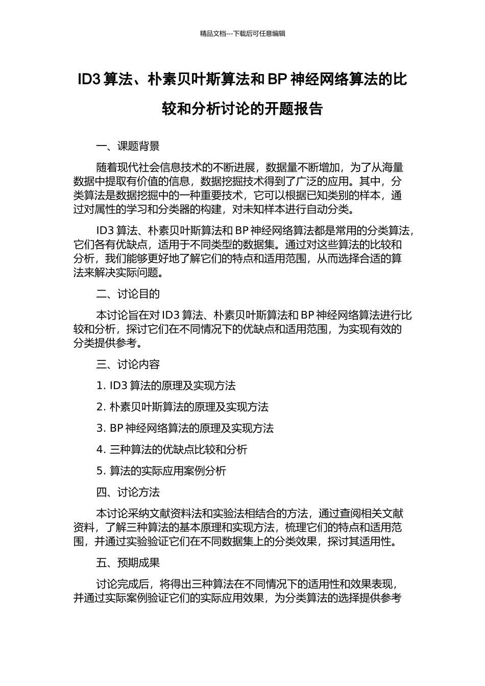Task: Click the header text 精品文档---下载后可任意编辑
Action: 243,34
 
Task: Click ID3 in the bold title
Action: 88,80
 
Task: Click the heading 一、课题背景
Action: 128,146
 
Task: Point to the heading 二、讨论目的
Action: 128,294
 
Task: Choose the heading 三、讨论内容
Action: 128,364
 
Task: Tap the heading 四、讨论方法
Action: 128,492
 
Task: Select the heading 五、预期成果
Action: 128,562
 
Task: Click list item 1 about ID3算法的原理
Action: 166,386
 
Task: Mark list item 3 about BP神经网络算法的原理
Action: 185,428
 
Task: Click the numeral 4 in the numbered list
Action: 100,450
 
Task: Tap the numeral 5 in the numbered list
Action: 100,471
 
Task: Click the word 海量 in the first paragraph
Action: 393,167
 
